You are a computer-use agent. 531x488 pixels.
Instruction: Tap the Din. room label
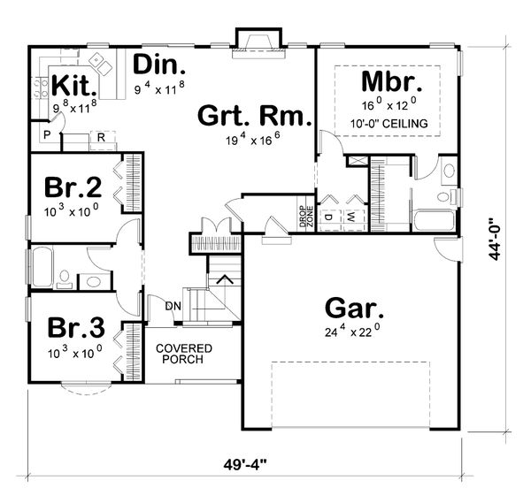click(159, 65)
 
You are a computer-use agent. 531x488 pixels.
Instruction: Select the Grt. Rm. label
click(252, 117)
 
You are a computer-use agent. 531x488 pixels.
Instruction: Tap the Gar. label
click(353, 309)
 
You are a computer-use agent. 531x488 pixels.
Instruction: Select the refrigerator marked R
click(102, 138)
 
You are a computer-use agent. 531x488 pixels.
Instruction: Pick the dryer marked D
click(326, 215)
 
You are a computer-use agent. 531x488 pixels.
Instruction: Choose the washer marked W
click(350, 215)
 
